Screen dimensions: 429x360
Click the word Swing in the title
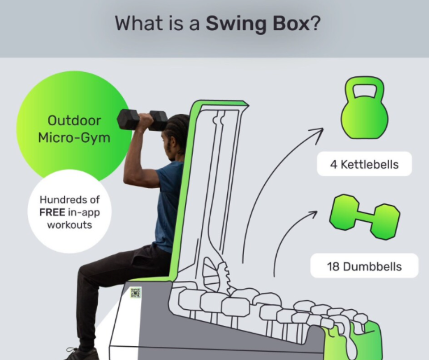pyautogui.click(x=236, y=24)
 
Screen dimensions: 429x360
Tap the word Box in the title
pyautogui.click(x=291, y=23)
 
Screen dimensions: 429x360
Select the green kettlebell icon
pyautogui.click(x=364, y=108)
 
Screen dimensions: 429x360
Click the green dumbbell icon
pyautogui.click(x=365, y=217)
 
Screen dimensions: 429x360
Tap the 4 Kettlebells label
pyautogui.click(x=364, y=164)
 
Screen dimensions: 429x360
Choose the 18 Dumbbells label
pyautogui.click(x=364, y=266)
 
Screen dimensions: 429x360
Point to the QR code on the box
pyautogui.click(x=136, y=293)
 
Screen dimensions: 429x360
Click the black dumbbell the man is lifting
pyautogui.click(x=142, y=120)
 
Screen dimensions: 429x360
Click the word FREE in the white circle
pyautogui.click(x=52, y=212)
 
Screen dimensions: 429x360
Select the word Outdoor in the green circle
pyautogui.click(x=74, y=121)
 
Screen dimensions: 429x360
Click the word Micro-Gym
pyautogui.click(x=74, y=138)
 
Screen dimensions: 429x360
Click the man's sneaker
pyautogui.click(x=82, y=354)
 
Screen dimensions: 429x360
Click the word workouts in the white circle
pyautogui.click(x=69, y=225)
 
